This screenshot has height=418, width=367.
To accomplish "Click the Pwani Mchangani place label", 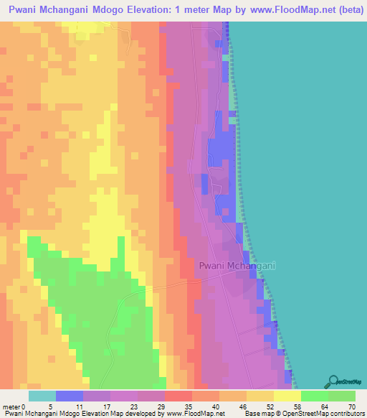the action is [x=237, y=266].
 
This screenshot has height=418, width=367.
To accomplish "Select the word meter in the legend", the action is [x=11, y=407].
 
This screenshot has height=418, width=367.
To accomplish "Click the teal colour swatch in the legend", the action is [x=42, y=396].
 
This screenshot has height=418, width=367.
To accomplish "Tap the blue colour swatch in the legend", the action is [x=70, y=396].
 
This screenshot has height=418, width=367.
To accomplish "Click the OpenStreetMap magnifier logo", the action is [x=333, y=380].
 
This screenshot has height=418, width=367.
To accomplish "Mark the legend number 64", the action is [x=329, y=407].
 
